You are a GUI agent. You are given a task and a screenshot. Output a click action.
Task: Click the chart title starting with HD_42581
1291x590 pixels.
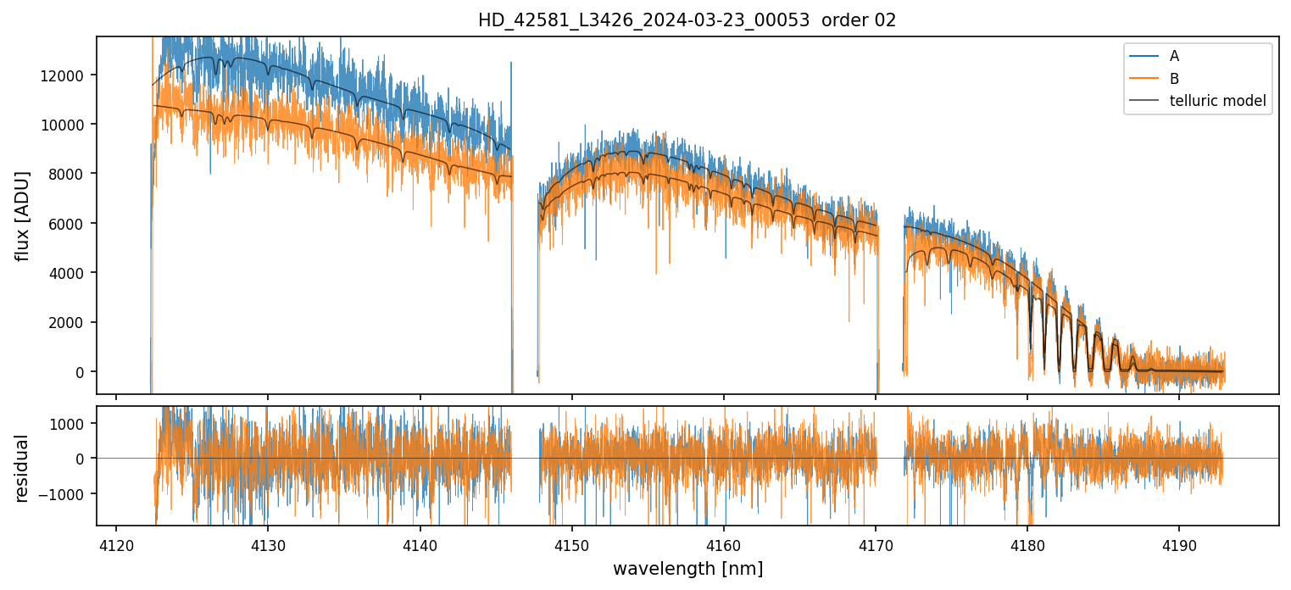(x=687, y=20)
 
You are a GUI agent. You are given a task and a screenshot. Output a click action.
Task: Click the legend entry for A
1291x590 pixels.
(x=1174, y=56)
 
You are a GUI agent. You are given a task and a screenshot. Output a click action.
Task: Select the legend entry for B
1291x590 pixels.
(x=1174, y=79)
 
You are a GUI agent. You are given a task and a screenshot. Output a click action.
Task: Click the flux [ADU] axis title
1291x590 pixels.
(x=23, y=215)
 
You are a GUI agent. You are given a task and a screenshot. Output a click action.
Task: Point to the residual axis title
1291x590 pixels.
(x=23, y=468)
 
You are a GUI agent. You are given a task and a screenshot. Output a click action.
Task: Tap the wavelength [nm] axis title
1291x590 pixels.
(x=687, y=568)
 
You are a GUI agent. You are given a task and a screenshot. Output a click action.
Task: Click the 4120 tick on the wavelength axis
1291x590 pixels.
(x=116, y=543)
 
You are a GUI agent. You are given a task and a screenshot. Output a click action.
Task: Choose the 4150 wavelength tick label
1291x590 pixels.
(x=571, y=543)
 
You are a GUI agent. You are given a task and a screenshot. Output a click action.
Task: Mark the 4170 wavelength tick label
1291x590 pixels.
(x=876, y=543)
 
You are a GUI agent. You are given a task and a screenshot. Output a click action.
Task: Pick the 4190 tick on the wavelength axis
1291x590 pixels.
(x=1179, y=543)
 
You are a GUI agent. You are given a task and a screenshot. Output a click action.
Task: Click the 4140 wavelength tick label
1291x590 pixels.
(x=420, y=543)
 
